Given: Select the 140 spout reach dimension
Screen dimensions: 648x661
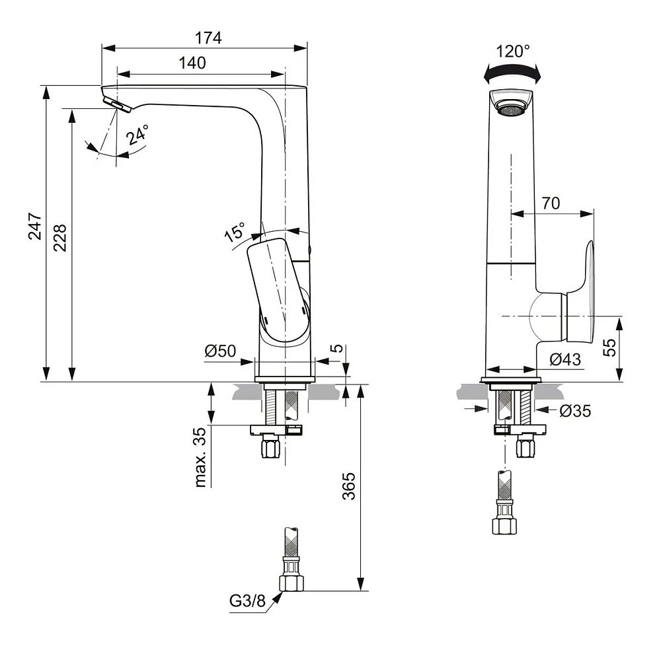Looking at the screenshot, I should (x=192, y=63).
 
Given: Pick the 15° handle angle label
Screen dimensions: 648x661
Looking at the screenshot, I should (x=235, y=234).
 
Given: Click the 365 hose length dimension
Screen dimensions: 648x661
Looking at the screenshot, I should (x=350, y=486).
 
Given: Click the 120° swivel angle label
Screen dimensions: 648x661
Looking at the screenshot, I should (x=513, y=51).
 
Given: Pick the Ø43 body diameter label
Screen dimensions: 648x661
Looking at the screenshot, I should (x=565, y=359).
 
